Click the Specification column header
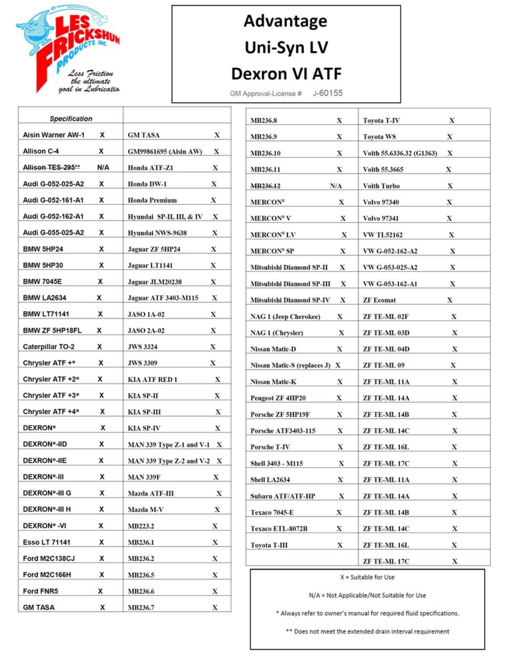(71, 118)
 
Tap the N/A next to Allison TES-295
(103, 167)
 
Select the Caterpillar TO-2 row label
(49, 346)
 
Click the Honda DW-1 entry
(147, 183)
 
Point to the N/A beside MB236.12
(336, 186)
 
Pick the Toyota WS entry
(379, 136)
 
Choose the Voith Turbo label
(381, 186)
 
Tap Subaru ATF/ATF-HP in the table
(283, 496)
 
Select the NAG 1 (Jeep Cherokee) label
(285, 316)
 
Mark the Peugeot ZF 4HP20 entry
(278, 398)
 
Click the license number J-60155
(328, 93)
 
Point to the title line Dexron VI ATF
(286, 73)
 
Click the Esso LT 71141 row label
(47, 542)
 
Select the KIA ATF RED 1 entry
(152, 379)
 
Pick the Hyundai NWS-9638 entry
(157, 233)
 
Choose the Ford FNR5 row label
(41, 591)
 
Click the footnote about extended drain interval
(367, 631)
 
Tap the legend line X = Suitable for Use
(367, 577)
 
